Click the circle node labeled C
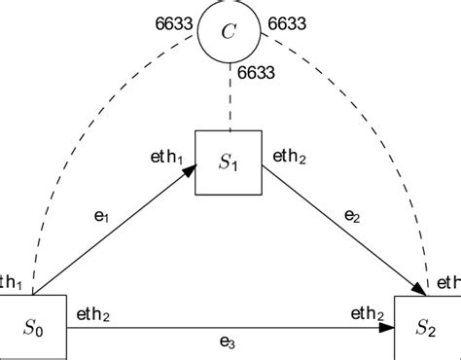(x=229, y=32)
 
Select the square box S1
(x=229, y=162)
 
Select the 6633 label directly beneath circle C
(x=254, y=73)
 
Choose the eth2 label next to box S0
(x=91, y=313)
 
